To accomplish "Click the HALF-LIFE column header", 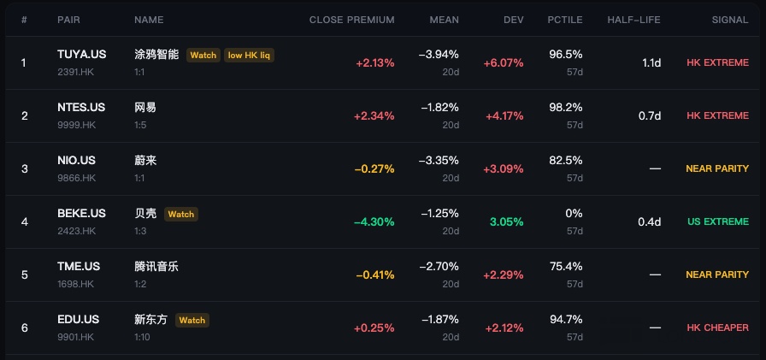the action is tap(633, 20).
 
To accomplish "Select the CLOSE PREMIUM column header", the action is tap(351, 20).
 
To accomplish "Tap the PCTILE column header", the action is tap(565, 20).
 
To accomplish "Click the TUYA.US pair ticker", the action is tap(81, 54).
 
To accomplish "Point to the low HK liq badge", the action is tap(249, 56).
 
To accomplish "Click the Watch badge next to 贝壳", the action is tap(181, 214).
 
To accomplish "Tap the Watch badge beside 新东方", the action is tap(192, 321).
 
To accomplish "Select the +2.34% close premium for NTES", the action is tap(374, 115).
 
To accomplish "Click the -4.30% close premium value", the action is tap(374, 221).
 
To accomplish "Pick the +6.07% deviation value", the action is tap(504, 63).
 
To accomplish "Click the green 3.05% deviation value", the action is tap(507, 221).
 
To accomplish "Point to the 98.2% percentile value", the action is tap(566, 107).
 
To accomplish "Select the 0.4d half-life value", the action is tap(649, 221).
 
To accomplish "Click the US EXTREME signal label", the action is tap(718, 221).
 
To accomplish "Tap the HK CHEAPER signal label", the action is tap(717, 328).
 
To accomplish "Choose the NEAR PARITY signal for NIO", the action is tap(717, 168).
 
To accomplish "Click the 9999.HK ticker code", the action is tap(77, 125).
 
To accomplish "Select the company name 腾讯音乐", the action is tap(156, 267).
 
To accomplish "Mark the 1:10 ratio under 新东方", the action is tap(142, 337).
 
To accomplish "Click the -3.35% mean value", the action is tap(439, 160).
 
